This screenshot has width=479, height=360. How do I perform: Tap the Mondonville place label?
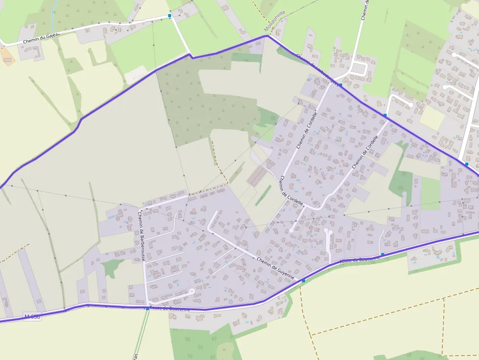point(274,22)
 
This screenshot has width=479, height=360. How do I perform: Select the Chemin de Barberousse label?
point(141,235)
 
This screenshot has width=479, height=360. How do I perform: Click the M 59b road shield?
point(32,317)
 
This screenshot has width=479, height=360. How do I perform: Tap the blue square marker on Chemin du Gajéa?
point(170,16)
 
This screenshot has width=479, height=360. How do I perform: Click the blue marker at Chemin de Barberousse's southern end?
point(147,309)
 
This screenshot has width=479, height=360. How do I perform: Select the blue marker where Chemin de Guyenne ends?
point(304,281)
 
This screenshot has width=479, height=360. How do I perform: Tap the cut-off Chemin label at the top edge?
point(365,10)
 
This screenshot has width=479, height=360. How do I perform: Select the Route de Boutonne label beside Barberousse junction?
point(170,308)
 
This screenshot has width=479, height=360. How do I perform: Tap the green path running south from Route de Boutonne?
point(142,337)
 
